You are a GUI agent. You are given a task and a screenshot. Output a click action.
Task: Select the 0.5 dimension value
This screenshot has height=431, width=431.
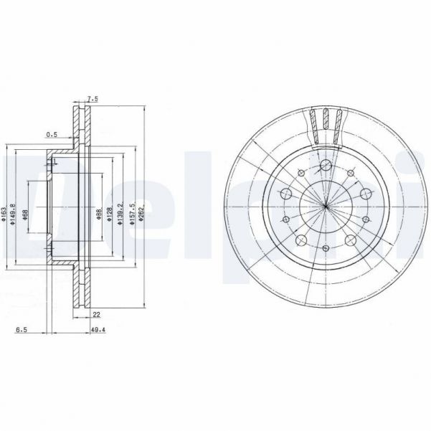(x=51, y=134)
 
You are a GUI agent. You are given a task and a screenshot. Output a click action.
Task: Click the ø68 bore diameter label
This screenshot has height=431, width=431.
(x=26, y=214)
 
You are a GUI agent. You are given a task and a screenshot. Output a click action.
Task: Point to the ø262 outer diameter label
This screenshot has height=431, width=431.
(x=142, y=214)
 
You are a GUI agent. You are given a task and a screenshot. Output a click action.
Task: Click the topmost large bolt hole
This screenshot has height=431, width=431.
(x=326, y=168)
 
